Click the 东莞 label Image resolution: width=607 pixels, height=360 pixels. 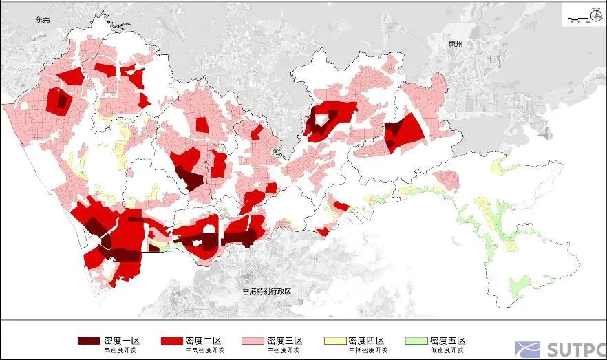point(43,20)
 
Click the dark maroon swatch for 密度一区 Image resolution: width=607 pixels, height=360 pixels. point(89,341)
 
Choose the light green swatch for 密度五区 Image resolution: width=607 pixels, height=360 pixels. point(416,341)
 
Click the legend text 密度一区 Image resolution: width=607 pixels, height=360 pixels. point(122,341)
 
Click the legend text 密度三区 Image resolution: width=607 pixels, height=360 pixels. point(285,341)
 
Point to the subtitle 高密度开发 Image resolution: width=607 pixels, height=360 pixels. point(121,350)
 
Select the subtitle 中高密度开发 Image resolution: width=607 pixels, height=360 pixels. point(204,350)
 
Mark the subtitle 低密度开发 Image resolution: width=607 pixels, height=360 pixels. point(448,350)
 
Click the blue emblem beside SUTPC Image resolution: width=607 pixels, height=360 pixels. point(528,350)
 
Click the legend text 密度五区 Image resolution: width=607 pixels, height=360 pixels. point(448,341)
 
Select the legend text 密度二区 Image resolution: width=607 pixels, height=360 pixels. point(203,341)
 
